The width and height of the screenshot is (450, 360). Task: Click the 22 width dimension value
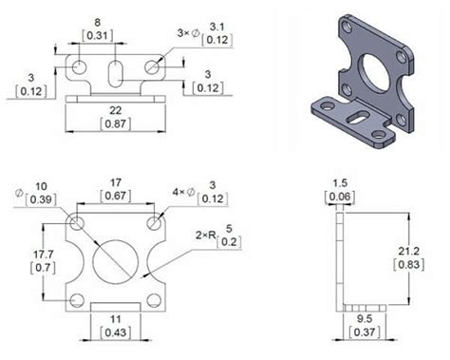pyautogui.click(x=116, y=110)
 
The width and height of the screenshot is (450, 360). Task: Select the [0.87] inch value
pyautogui.click(x=116, y=123)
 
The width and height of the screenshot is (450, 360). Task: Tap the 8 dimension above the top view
pyautogui.click(x=97, y=22)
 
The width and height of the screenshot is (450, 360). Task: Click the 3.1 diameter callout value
pyautogui.click(x=217, y=27)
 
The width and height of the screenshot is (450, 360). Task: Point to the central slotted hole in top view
pyautogui.click(x=116, y=73)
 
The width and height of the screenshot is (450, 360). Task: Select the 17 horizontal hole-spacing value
pyautogui.click(x=116, y=182)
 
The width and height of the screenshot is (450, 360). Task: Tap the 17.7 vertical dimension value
pyautogui.click(x=44, y=255)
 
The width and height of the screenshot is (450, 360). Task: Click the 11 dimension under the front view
pyautogui.click(x=116, y=319)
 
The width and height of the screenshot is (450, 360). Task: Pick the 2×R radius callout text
pyautogui.click(x=206, y=236)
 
